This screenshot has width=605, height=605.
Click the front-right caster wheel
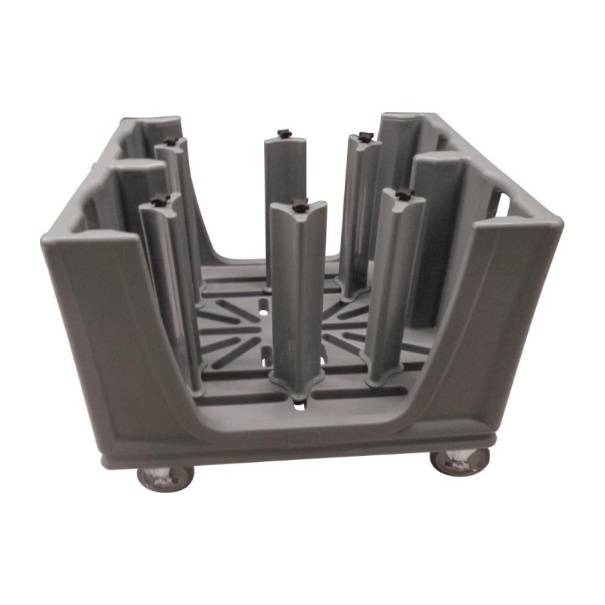coord(460,461)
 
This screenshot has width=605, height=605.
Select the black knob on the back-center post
coord(283,134)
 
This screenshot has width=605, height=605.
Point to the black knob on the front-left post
coord(159,200)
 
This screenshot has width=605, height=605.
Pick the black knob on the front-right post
coord(404,194)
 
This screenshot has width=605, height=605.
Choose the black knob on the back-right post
coord(365,137)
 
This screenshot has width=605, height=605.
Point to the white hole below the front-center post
coord(301,407)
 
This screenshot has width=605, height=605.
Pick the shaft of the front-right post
coord(396,280)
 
